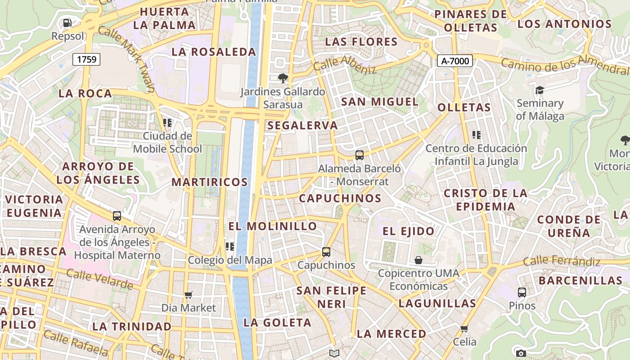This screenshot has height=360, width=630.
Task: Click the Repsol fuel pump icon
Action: point(67,22)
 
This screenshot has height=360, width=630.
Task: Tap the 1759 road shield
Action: point(86,59)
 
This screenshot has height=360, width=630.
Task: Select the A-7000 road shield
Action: point(454,61)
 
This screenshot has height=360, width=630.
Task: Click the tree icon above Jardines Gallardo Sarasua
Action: point(283,78)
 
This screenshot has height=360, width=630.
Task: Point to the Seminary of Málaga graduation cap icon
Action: point(540,90)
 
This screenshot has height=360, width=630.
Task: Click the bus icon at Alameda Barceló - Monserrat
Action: point(359,155)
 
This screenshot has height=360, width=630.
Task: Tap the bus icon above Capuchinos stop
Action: point(326,252)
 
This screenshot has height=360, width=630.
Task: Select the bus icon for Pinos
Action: point(522,292)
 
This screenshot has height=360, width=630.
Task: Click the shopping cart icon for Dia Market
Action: point(189,295)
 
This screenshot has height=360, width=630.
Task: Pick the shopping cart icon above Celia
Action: point(464,328)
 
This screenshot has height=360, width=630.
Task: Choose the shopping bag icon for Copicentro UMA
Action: point(418,260)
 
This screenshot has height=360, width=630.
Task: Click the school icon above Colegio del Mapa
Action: point(230,246)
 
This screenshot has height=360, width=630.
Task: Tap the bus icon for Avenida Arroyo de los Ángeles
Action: point(117,216)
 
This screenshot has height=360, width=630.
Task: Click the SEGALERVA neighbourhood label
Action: point(302,126)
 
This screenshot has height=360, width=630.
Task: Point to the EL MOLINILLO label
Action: point(273,226)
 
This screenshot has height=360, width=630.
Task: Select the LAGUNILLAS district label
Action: point(437,303)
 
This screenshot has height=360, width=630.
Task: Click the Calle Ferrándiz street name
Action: point(562,261)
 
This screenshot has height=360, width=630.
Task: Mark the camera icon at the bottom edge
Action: point(521,354)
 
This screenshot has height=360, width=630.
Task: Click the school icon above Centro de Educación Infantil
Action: point(477,135)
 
